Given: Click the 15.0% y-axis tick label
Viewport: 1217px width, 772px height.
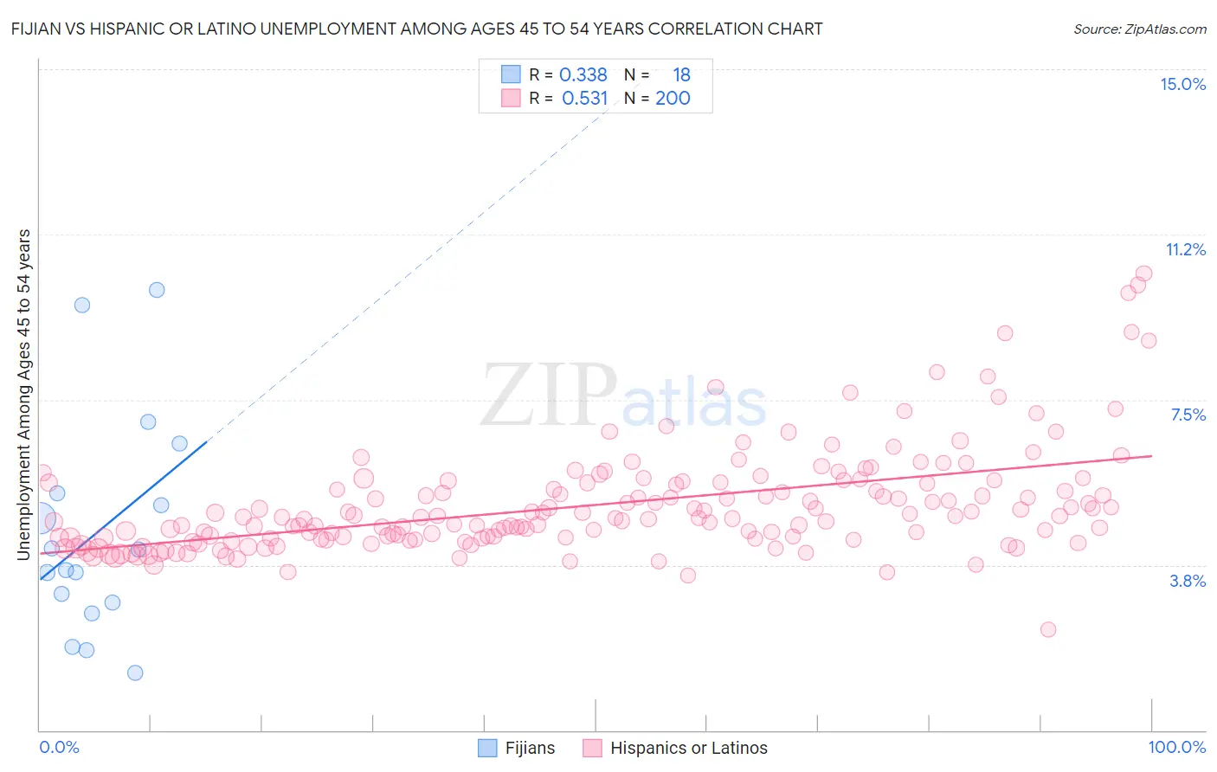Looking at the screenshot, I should (1182, 84).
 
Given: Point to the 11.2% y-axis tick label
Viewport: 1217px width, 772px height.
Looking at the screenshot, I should (1185, 250).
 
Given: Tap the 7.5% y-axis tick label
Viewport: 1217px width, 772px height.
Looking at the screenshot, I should (1188, 415).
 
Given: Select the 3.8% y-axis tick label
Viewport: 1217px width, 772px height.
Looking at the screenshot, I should (1188, 581).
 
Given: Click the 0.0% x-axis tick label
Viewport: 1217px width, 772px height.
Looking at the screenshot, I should (59, 747).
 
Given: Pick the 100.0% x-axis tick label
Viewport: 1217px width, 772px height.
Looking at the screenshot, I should (1176, 747).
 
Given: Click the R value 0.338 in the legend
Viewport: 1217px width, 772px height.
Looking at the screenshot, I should (583, 75).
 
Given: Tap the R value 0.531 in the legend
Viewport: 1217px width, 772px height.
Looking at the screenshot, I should (584, 99).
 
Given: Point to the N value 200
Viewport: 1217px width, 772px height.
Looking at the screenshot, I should (673, 99).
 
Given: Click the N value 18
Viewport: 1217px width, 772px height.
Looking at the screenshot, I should (681, 75).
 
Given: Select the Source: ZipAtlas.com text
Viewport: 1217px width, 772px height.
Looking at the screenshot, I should (1139, 29).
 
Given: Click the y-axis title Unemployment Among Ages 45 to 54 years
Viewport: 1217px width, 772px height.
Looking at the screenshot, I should (23, 395).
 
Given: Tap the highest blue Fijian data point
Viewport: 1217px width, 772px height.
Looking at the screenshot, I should (157, 290).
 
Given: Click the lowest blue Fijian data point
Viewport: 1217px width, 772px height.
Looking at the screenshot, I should (135, 672).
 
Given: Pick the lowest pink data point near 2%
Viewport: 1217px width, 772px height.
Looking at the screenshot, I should (1048, 629).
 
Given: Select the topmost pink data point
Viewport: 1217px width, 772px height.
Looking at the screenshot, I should (1144, 273).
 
